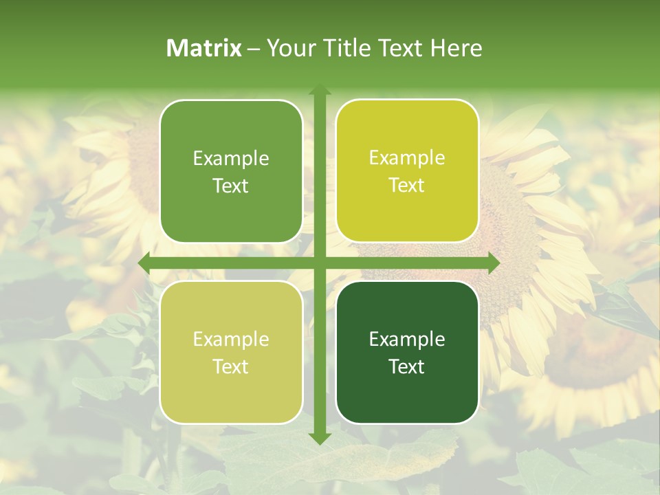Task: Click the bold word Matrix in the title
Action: (204, 48)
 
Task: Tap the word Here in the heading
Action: (456, 48)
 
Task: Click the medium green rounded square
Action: (231, 171)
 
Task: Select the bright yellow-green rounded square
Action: (407, 171)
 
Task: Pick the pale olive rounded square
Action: (231, 352)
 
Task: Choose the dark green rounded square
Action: (407, 352)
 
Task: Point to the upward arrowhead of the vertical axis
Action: (319, 91)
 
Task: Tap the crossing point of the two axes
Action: (319, 263)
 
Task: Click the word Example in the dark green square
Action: (407, 339)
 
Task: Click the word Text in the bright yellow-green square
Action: (407, 185)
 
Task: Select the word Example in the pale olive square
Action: (231, 339)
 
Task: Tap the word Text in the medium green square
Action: (231, 186)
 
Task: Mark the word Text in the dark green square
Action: (407, 366)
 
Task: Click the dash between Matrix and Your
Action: (254, 49)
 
